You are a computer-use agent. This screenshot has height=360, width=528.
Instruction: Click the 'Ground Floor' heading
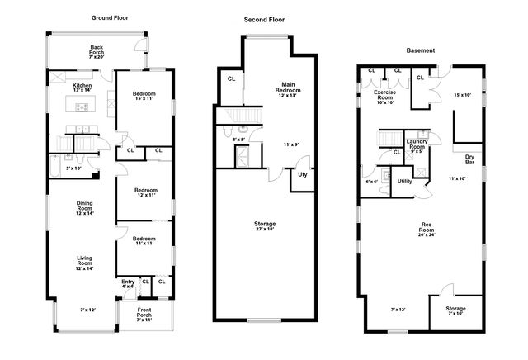point(108,17)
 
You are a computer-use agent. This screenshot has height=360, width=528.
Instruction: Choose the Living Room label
point(84,263)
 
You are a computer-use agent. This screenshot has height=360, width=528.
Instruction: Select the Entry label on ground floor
point(128,283)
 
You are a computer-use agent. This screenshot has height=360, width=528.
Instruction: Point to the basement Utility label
point(404,181)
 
